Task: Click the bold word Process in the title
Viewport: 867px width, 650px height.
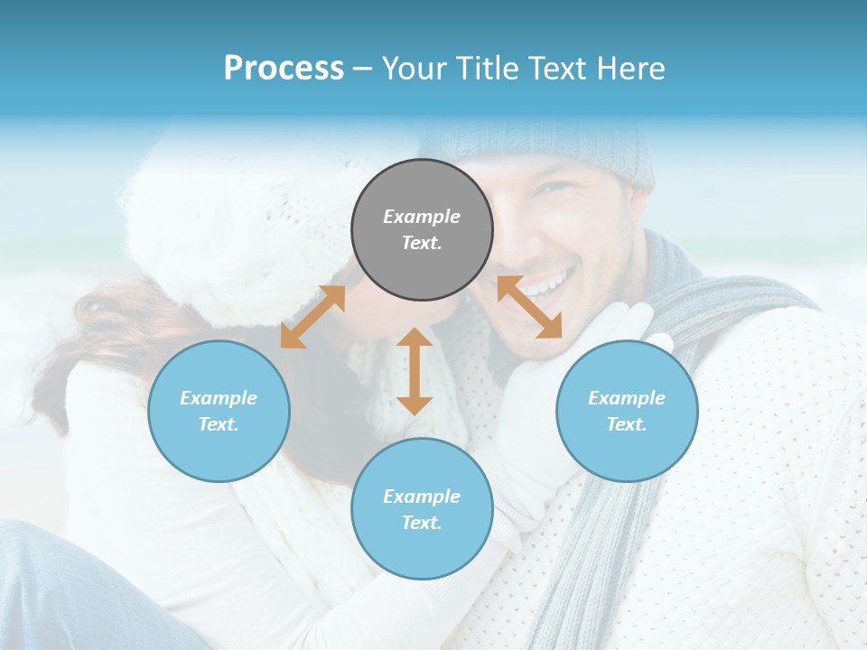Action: [x=284, y=69]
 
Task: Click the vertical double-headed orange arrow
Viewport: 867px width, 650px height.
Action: [x=415, y=371]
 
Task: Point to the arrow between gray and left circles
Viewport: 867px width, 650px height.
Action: [x=312, y=317]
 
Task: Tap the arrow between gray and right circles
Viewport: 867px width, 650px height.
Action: [x=529, y=307]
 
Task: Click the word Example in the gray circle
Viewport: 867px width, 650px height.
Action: [x=422, y=217]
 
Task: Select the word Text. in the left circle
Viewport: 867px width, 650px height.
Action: [x=219, y=424]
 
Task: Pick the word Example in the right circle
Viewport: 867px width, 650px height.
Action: [x=627, y=398]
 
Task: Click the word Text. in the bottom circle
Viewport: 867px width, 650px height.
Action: [x=422, y=523]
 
